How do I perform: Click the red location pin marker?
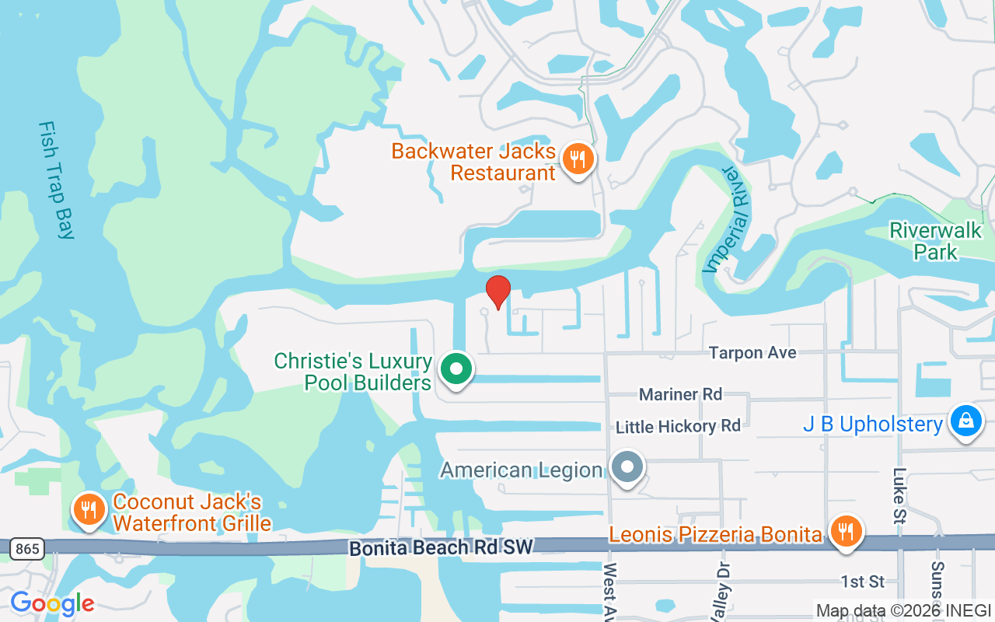498,292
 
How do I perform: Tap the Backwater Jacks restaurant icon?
577,159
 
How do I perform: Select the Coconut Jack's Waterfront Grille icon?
89,509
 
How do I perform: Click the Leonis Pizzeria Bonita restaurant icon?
845,532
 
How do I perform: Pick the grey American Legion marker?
627,468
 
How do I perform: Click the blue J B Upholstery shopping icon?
965,421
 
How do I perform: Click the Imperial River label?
729,220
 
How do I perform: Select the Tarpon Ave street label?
752,353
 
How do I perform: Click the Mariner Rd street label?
680,394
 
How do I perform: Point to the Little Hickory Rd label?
678,426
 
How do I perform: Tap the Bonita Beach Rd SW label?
441,547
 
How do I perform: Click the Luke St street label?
900,495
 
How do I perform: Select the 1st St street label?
862,582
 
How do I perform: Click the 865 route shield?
26,549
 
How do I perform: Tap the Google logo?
52,603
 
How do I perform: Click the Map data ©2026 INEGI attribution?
903,611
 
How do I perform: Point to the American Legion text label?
522,470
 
